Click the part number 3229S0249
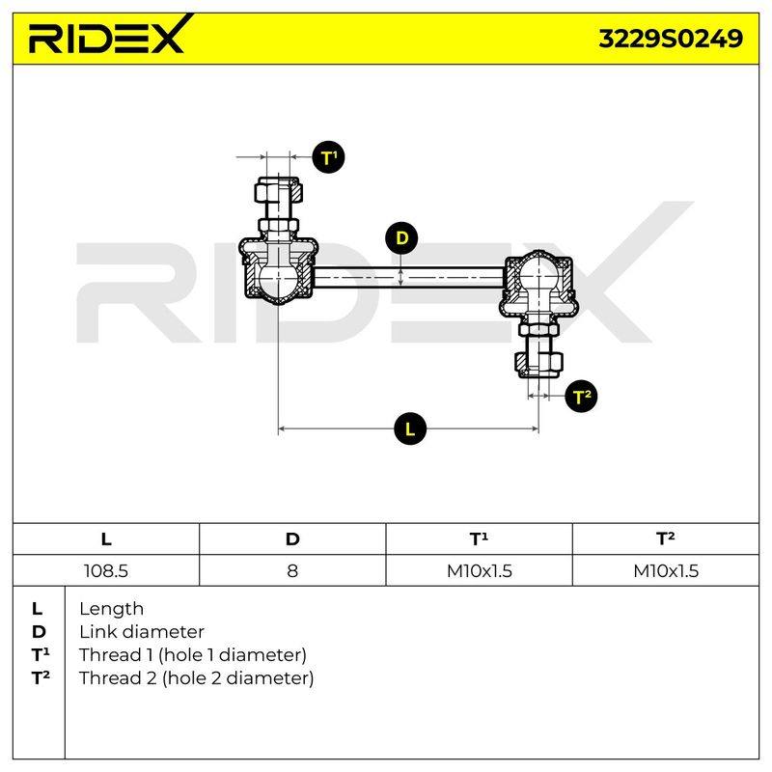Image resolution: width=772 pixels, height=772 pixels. click(670, 39)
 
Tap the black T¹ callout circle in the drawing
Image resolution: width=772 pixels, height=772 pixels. click(328, 157)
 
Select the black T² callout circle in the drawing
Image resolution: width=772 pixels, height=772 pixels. click(582, 397)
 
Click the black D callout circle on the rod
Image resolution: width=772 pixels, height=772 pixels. click(401, 238)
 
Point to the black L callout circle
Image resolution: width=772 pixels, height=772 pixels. click(410, 428)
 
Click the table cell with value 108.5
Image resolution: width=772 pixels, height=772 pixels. click(106, 570)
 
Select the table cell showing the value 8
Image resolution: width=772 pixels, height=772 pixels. click(292, 570)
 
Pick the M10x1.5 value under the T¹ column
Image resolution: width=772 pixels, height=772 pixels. click(479, 570)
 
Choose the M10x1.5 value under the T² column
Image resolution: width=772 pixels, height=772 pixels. click(666, 570)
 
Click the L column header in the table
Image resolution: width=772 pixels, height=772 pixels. click(106, 539)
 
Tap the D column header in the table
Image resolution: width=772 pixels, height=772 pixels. click(292, 539)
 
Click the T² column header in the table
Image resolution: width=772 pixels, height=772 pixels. click(666, 539)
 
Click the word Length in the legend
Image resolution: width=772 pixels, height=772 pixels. click(111, 610)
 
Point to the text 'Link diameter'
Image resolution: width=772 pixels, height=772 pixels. click(142, 632)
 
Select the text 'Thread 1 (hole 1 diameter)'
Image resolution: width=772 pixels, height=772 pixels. click(193, 655)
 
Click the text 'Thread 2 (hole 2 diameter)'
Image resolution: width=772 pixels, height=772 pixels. click(197, 678)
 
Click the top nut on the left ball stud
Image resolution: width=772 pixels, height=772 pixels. click(278, 190)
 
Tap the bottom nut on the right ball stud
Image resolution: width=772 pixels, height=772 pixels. click(539, 364)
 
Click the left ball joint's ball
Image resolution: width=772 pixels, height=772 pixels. click(278, 283)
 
